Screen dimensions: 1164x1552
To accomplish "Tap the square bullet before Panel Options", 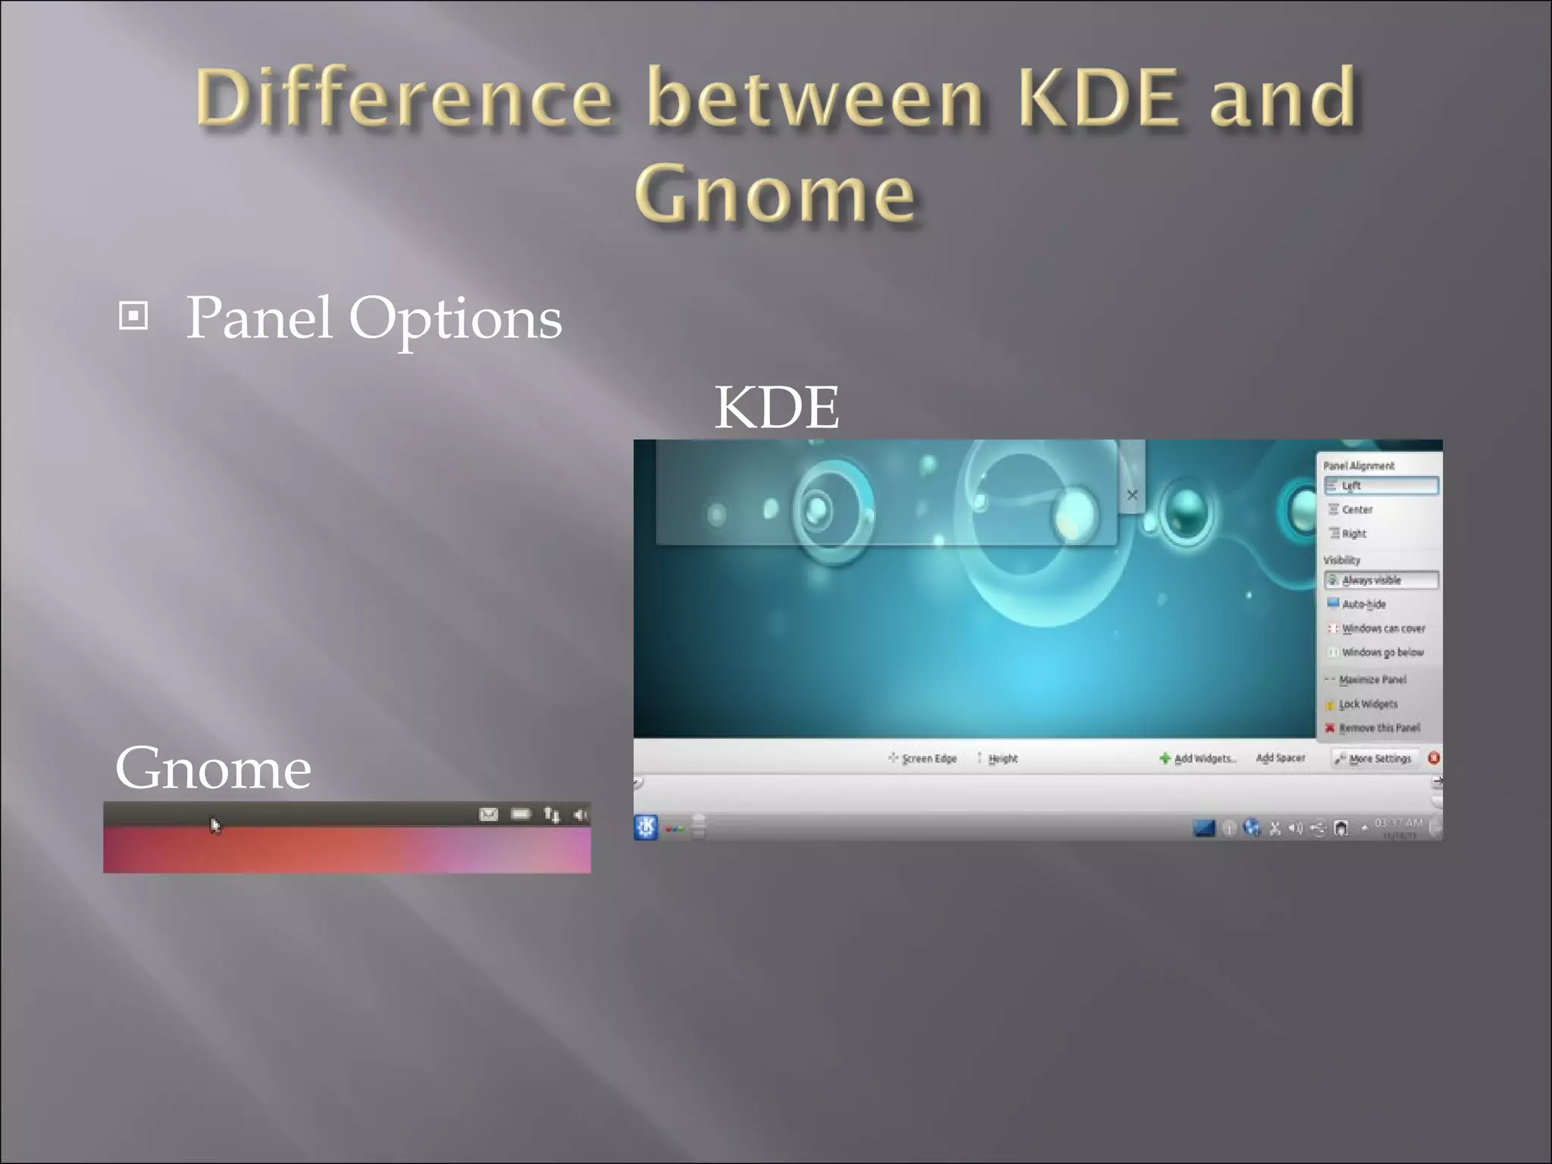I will pyautogui.click(x=133, y=316).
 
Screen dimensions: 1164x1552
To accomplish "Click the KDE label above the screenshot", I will pyautogui.click(x=776, y=408).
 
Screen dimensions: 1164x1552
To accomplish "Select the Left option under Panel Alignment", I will pyautogui.click(x=1380, y=486).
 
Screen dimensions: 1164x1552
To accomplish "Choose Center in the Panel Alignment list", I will pyautogui.click(x=1356, y=510).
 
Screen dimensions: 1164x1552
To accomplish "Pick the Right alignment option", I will pyautogui.click(x=1353, y=533).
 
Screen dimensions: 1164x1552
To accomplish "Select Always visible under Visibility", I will pyautogui.click(x=1380, y=580).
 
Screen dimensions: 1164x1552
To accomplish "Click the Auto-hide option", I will pyautogui.click(x=1363, y=604).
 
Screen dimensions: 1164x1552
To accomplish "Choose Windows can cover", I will pyautogui.click(x=1382, y=628).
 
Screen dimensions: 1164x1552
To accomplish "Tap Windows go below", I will pyautogui.click(x=1382, y=652).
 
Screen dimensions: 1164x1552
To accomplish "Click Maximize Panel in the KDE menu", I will pyautogui.click(x=1372, y=680).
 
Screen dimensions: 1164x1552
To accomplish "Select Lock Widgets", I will pyautogui.click(x=1368, y=704).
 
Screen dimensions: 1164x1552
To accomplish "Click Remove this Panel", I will pyautogui.click(x=1378, y=728).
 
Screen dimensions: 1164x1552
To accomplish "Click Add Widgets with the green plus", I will pyautogui.click(x=1198, y=759).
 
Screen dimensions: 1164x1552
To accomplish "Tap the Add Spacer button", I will pyautogui.click(x=1280, y=758).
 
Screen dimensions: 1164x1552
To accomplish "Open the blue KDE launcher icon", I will pyautogui.click(x=646, y=828).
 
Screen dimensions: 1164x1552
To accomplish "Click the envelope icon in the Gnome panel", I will pyautogui.click(x=489, y=815).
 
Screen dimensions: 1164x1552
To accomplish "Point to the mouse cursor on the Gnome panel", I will pyautogui.click(x=214, y=824).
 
